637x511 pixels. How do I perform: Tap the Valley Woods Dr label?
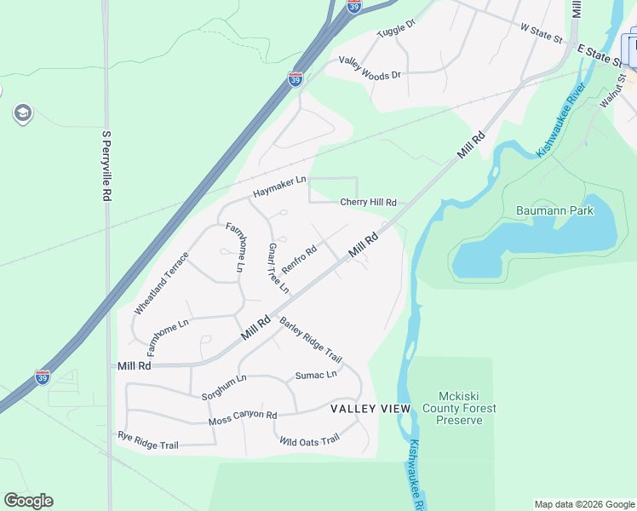click(x=370, y=67)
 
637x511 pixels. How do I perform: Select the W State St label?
click(x=542, y=33)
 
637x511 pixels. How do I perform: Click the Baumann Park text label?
click(x=554, y=210)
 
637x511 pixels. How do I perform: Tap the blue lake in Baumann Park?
click(x=537, y=247)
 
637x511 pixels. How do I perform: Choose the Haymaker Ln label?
click(x=278, y=187)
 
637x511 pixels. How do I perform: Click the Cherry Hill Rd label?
click(x=369, y=203)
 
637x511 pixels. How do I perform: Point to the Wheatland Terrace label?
click(x=162, y=283)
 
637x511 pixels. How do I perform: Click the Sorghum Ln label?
click(x=224, y=387)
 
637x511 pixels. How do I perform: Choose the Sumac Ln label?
click(x=316, y=375)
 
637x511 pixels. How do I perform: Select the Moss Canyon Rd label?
click(x=243, y=419)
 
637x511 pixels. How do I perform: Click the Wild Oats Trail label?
click(x=309, y=440)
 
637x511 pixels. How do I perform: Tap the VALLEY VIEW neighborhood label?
click(x=370, y=409)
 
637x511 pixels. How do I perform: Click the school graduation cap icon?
click(x=22, y=113)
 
